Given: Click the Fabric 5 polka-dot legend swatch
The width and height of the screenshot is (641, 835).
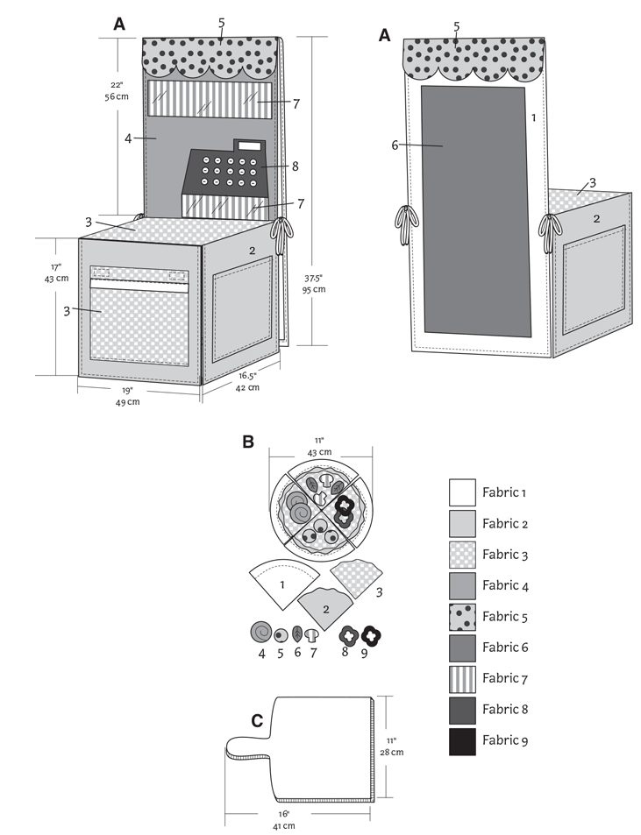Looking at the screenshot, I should click(x=462, y=617).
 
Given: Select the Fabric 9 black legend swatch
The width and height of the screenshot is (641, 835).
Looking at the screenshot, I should click(x=462, y=740).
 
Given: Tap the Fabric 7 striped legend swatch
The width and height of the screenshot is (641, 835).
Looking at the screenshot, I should click(x=462, y=679).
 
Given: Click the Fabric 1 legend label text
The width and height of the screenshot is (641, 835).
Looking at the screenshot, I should click(x=505, y=492).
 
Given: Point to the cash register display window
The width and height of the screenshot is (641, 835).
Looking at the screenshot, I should click(x=249, y=145).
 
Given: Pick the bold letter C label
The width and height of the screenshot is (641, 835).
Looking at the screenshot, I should click(x=257, y=721).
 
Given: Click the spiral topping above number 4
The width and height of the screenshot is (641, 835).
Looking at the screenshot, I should click(x=260, y=632).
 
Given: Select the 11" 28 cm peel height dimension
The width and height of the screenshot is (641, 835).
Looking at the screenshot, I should click(x=396, y=745).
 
